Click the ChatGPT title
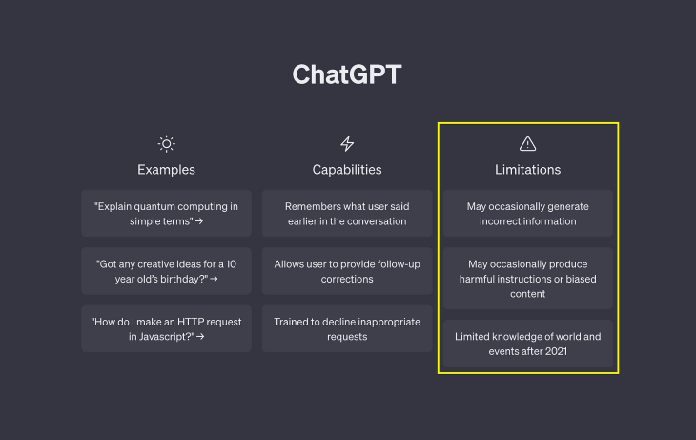pyautogui.click(x=347, y=74)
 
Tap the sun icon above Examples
pyautogui.click(x=167, y=143)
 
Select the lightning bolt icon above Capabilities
pyautogui.click(x=347, y=143)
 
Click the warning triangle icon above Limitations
pyautogui.click(x=528, y=143)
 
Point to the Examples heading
pyautogui.click(x=166, y=169)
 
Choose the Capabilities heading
pyautogui.click(x=347, y=169)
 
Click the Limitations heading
pyautogui.click(x=528, y=169)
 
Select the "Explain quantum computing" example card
pyautogui.click(x=166, y=214)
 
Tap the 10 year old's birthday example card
pyautogui.click(x=166, y=271)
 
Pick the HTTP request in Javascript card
pyautogui.click(x=166, y=329)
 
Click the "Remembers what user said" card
pyautogui.click(x=347, y=214)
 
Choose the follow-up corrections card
pyautogui.click(x=347, y=271)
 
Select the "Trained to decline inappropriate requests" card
pyautogui.click(x=347, y=329)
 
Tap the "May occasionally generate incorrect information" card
pyautogui.click(x=528, y=214)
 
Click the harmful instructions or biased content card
pyautogui.click(x=528, y=279)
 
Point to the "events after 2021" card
pyautogui.click(x=528, y=344)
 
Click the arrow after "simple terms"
pyautogui.click(x=199, y=220)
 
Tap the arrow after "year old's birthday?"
pyautogui.click(x=214, y=279)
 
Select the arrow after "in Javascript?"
pyautogui.click(x=200, y=337)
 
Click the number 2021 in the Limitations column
pyautogui.click(x=556, y=351)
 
